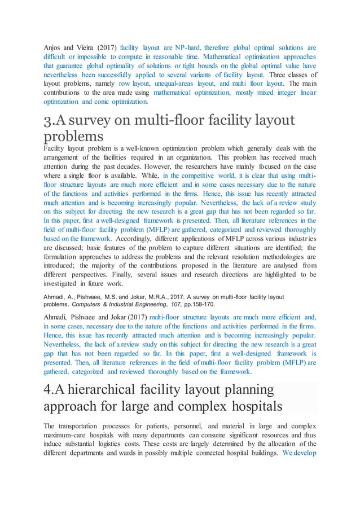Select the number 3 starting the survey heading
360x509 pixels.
click(47, 120)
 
